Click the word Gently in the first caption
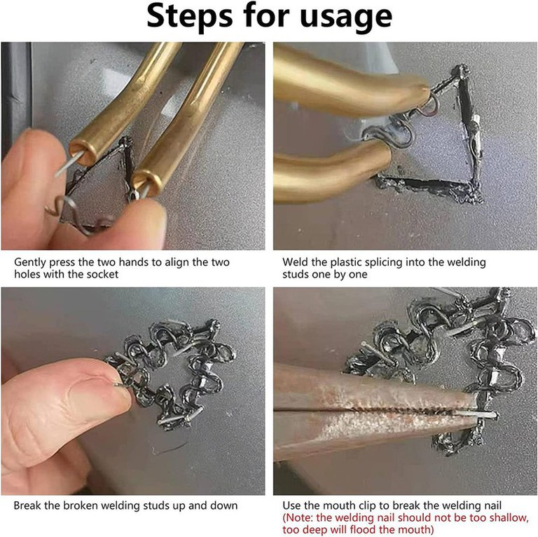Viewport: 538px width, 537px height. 30,263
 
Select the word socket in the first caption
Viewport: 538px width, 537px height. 102,274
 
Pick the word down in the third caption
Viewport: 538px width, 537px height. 224,505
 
